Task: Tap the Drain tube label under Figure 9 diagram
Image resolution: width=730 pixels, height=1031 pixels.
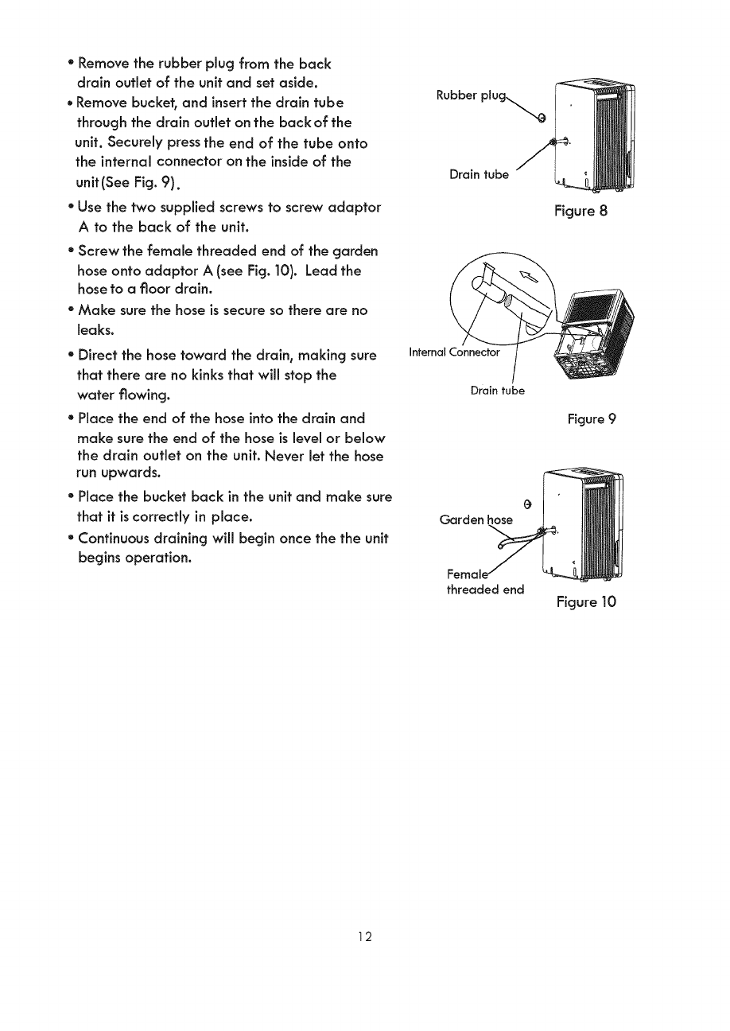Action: point(498,391)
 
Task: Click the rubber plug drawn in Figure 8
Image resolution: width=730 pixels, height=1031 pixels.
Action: point(542,119)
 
